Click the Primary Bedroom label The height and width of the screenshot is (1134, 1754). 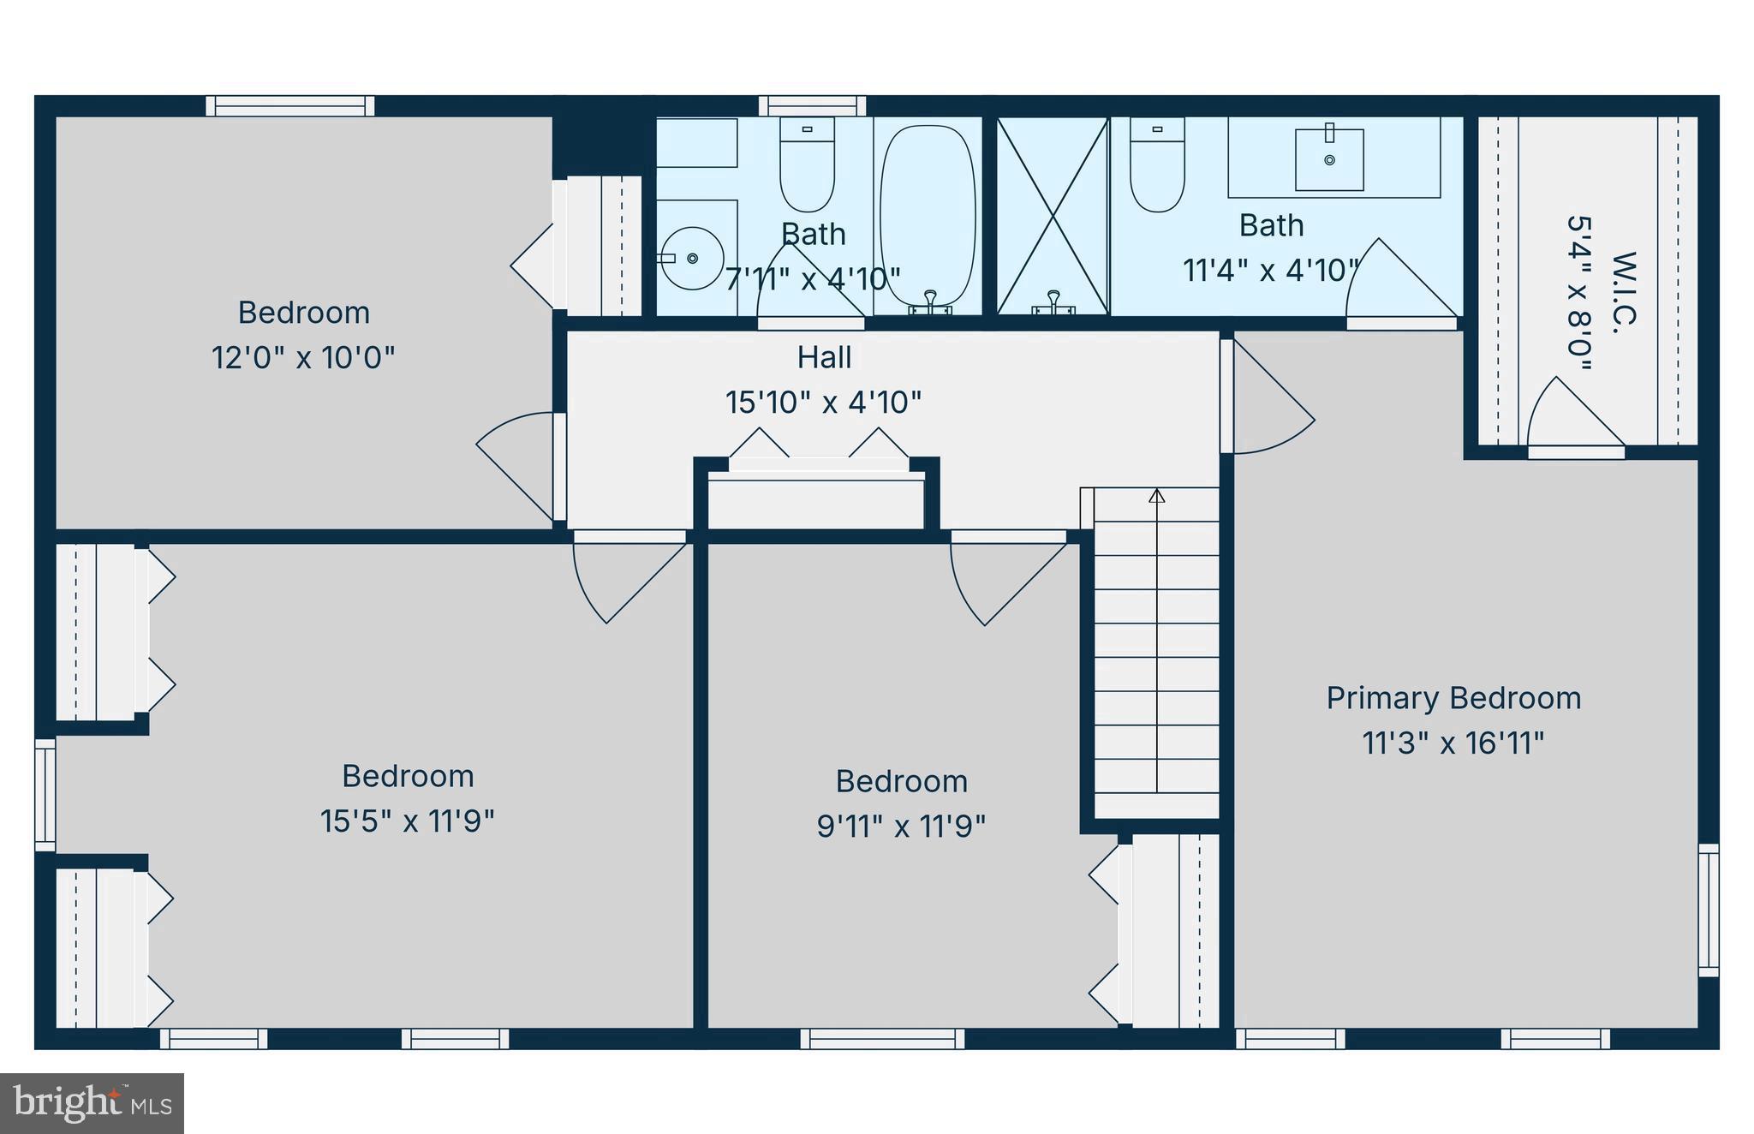[x=1453, y=698]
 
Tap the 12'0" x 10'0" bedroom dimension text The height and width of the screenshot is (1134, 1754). [x=303, y=357]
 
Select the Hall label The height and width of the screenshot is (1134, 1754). [x=824, y=357]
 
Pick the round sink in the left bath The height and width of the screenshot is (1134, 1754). [x=692, y=258]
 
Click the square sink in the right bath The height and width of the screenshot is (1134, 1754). [x=1329, y=159]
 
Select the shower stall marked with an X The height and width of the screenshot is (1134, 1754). [x=1053, y=216]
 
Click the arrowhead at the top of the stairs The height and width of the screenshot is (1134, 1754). [x=1157, y=495]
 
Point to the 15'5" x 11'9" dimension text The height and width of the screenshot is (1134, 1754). [x=408, y=821]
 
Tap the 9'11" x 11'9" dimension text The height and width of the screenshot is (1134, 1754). [x=901, y=827]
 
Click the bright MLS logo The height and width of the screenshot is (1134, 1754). [x=92, y=1103]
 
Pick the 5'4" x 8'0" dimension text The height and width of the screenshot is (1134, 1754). [x=1578, y=291]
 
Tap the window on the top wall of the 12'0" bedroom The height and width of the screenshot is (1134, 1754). [x=290, y=106]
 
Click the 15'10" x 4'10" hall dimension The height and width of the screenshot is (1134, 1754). [x=824, y=402]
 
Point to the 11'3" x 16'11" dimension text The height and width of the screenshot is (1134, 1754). [x=1453, y=743]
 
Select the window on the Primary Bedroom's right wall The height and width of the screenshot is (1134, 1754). [x=1708, y=910]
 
